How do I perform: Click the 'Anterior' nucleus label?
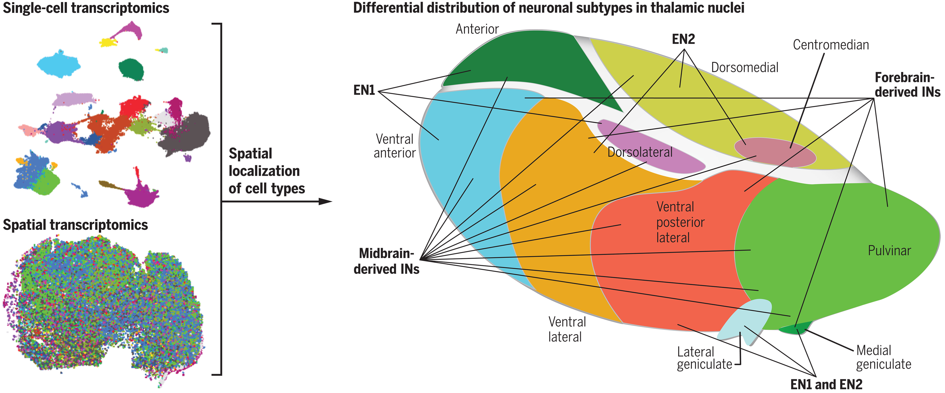(477, 29)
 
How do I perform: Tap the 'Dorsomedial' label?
(744, 67)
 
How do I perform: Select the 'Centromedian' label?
(831, 45)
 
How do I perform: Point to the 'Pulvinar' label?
(889, 251)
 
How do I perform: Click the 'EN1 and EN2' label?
(826, 384)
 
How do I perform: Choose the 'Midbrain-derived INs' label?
(386, 261)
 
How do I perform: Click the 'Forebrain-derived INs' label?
(907, 85)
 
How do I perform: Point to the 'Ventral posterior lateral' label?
(680, 222)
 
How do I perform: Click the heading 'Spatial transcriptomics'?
(75, 225)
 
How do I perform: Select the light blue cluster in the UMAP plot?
(59, 65)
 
